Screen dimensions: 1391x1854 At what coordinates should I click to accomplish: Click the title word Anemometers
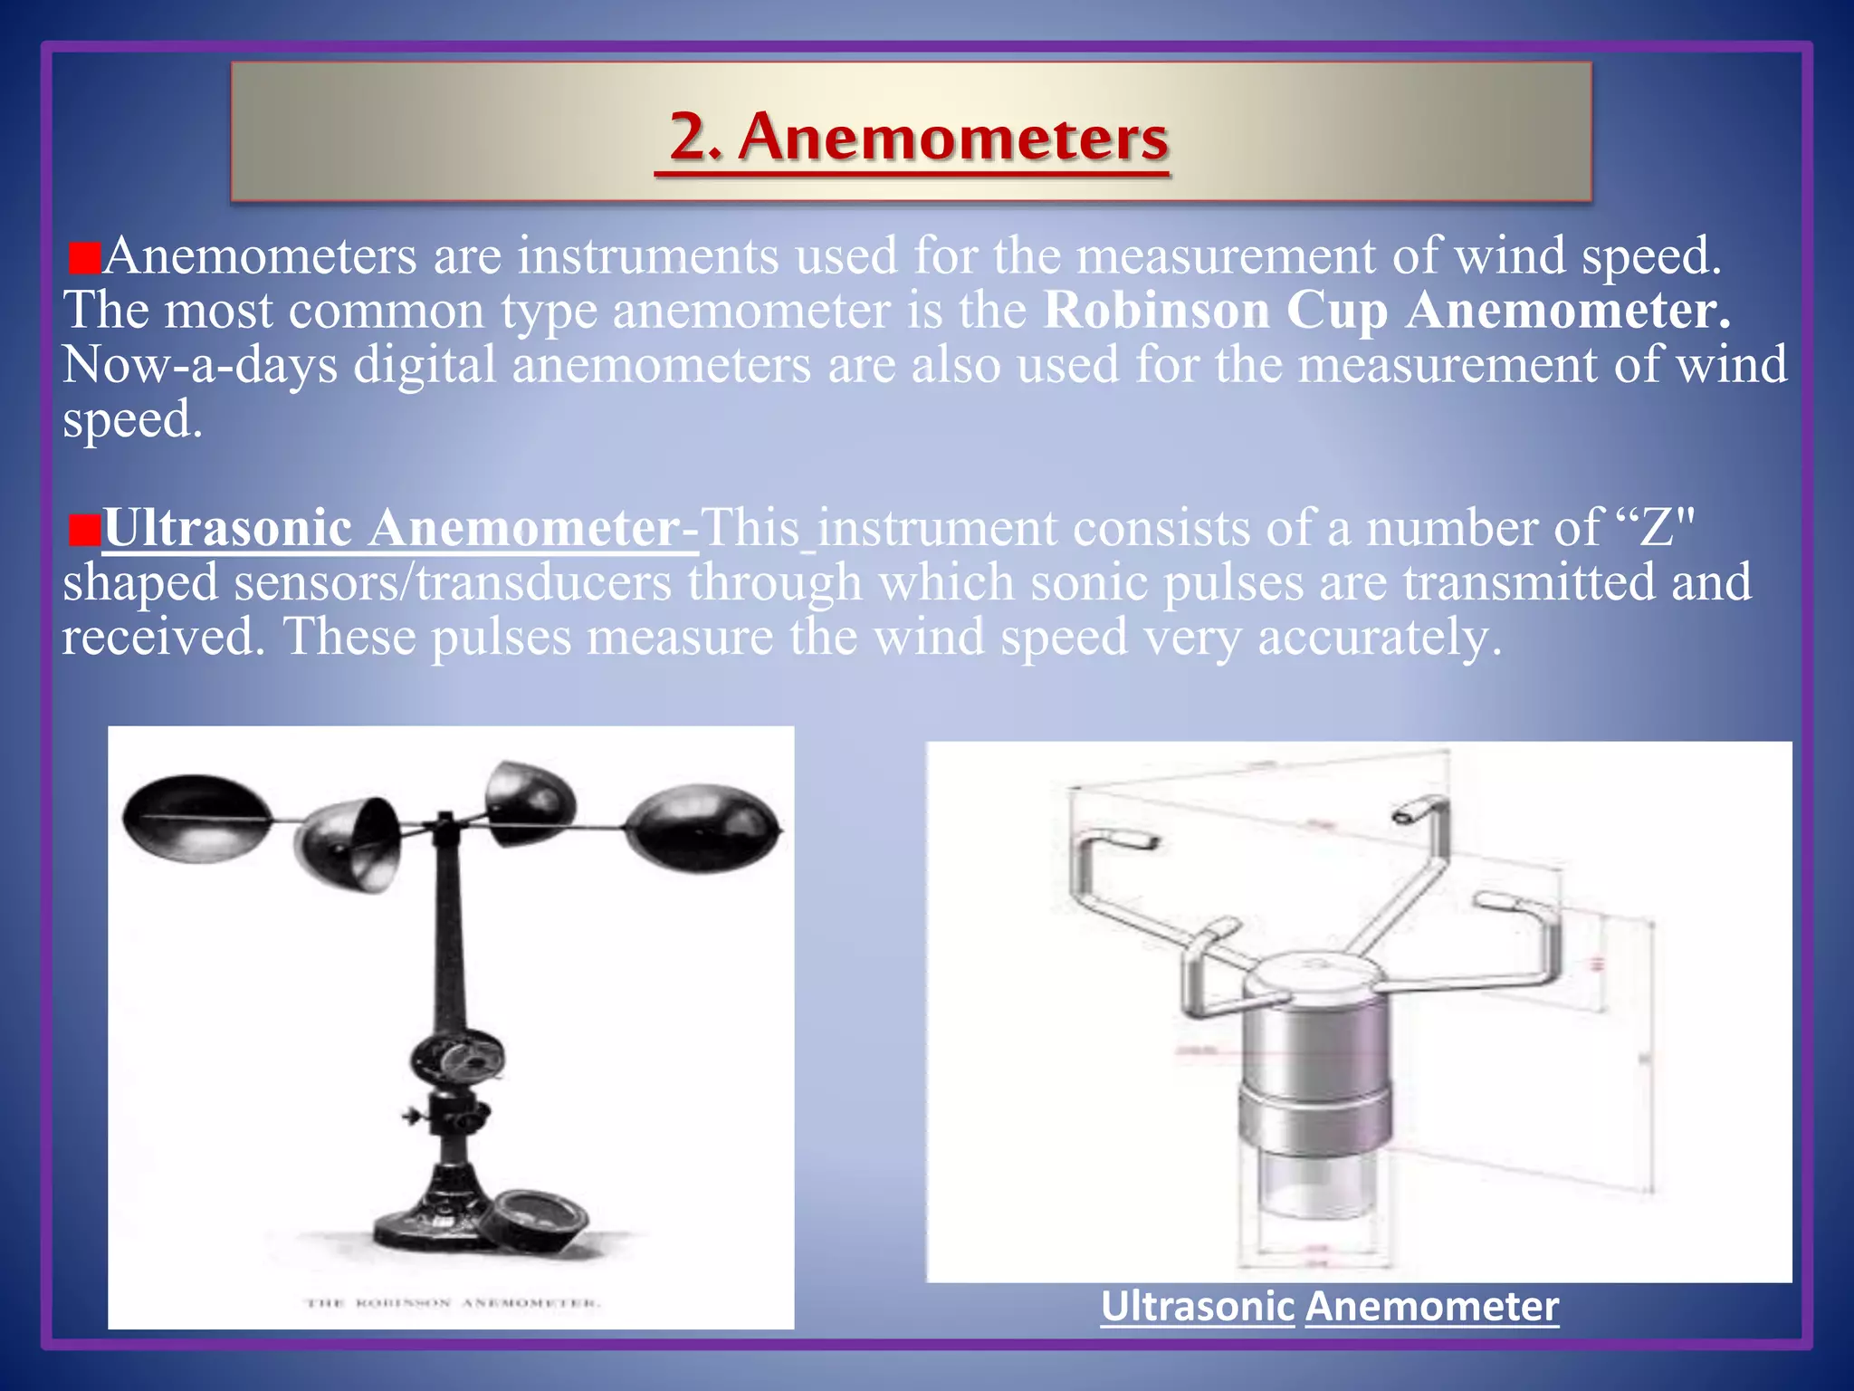[953, 138]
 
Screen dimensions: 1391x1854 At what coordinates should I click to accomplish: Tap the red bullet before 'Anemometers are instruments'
[83, 259]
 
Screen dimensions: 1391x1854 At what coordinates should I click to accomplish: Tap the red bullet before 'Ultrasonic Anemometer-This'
[83, 531]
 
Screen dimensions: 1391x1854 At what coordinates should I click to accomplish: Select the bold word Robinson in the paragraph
[1157, 311]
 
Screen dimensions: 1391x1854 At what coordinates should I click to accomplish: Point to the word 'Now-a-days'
[200, 366]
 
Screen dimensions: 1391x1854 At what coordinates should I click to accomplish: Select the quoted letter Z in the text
[1658, 529]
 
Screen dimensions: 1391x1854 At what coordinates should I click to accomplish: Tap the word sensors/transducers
[453, 583]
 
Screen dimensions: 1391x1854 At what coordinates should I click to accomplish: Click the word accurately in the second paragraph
[1380, 638]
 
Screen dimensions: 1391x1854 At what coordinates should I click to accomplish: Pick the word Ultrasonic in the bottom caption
[1197, 1307]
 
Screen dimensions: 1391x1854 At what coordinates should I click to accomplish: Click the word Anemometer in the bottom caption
[1431, 1307]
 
